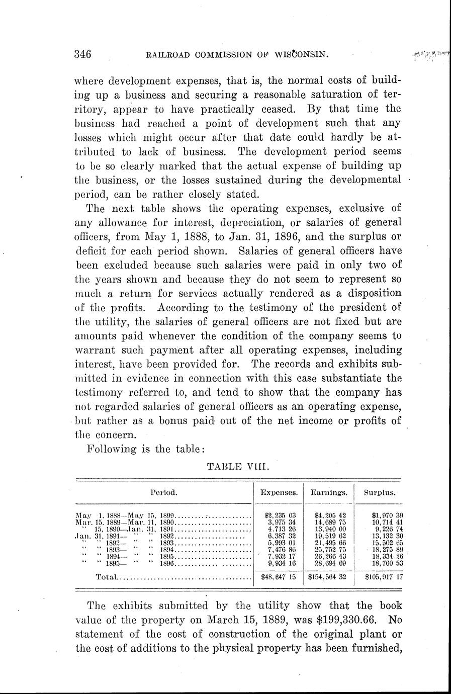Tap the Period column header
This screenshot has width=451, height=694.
point(163,493)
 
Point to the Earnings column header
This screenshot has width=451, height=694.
point(329,493)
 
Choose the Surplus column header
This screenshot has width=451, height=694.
point(380,493)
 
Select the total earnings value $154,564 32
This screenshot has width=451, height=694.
point(329,577)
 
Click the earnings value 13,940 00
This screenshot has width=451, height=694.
point(330,529)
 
